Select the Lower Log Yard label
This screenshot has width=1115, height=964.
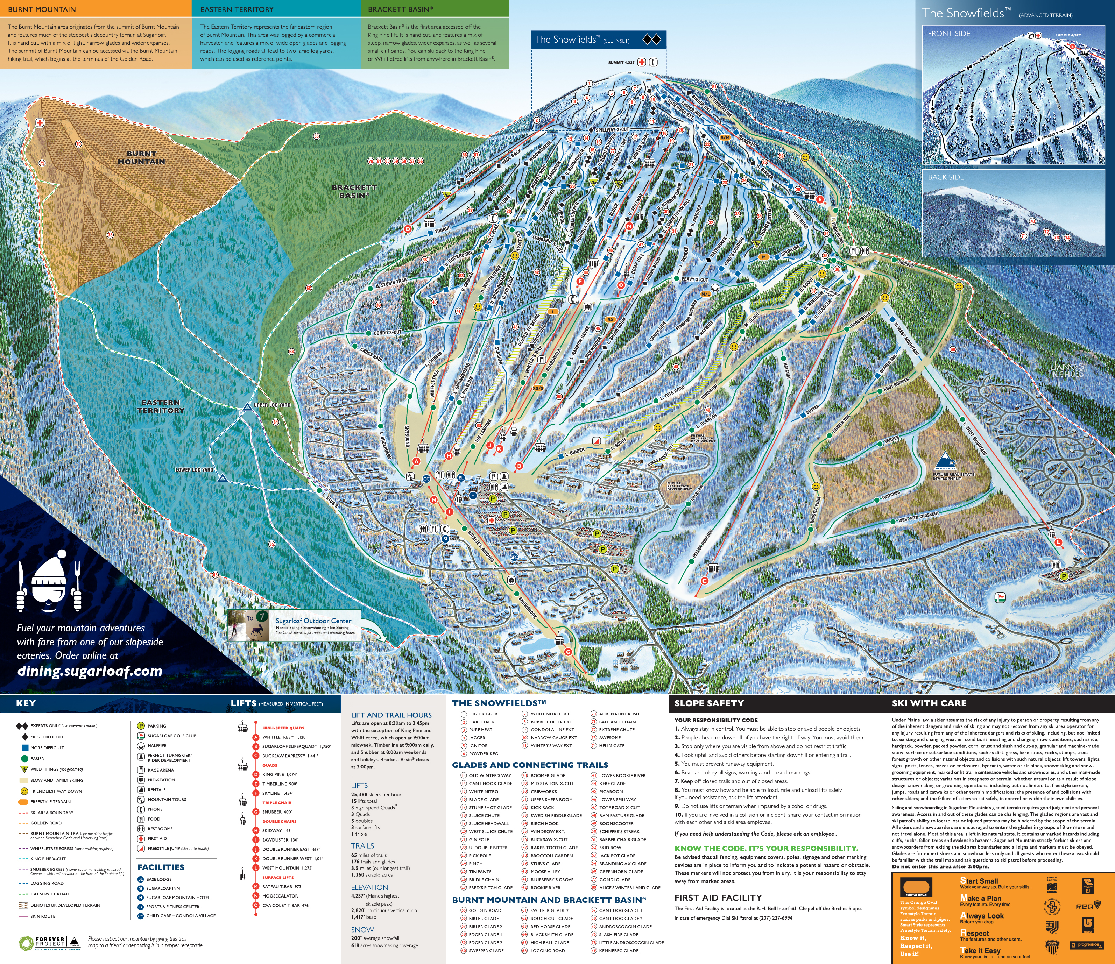[194, 470]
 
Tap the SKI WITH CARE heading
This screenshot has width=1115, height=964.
[929, 703]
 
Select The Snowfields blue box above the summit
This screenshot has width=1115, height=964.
[598, 39]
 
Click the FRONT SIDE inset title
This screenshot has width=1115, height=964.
[949, 33]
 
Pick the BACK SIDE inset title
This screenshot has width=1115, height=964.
[945, 177]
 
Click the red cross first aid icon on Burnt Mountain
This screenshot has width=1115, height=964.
[39, 123]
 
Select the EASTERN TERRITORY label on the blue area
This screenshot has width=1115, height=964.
[160, 406]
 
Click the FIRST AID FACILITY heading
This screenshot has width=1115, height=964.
[718, 897]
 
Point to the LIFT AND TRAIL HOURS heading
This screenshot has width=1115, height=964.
[391, 715]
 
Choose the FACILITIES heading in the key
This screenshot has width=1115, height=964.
[160, 867]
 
